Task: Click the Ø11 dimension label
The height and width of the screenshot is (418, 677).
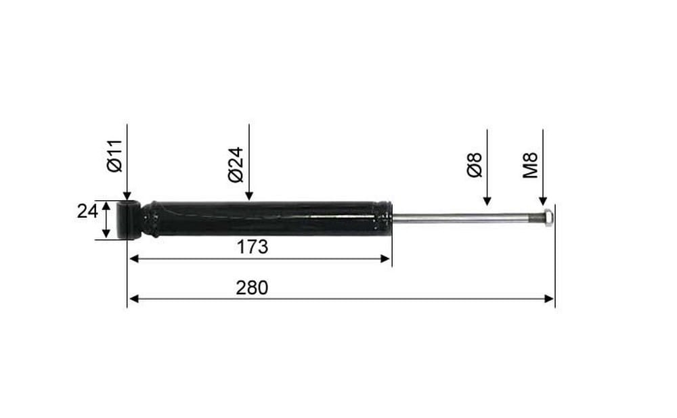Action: click(115, 156)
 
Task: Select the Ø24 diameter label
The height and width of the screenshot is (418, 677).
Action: click(236, 165)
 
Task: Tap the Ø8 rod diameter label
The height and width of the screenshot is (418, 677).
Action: click(475, 164)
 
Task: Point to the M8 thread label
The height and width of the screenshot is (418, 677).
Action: click(531, 165)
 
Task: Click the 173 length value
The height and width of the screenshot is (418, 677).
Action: click(253, 247)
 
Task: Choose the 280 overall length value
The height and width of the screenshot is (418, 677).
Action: click(252, 287)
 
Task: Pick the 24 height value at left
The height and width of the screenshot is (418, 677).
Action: click(87, 212)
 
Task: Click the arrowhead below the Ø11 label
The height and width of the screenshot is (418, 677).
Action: click(127, 196)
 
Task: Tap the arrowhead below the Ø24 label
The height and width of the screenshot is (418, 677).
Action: click(248, 196)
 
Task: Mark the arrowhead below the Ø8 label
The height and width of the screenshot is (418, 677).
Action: click(487, 201)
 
